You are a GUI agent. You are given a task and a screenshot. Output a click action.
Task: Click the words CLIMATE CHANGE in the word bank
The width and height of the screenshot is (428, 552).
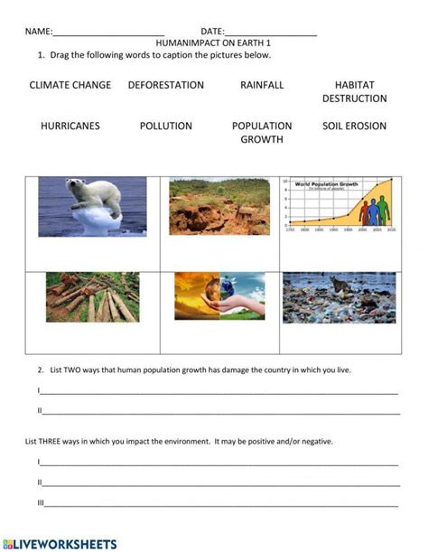click(70, 85)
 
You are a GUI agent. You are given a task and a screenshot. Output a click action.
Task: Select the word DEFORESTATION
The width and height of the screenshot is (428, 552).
click(166, 85)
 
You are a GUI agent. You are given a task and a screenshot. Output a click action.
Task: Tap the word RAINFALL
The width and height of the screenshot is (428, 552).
click(262, 85)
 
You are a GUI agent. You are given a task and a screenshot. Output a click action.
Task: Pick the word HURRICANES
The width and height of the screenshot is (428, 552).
click(70, 126)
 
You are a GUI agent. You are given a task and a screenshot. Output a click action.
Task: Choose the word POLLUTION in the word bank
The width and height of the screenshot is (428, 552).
click(166, 126)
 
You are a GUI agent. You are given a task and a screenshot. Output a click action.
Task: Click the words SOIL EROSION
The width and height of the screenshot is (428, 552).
click(354, 126)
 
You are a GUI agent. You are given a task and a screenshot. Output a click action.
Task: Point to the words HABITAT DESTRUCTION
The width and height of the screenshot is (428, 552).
click(354, 91)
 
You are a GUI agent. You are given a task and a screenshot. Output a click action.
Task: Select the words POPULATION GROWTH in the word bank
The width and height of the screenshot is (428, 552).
click(262, 133)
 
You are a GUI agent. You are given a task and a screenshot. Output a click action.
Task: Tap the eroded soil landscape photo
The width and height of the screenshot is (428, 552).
click(219, 207)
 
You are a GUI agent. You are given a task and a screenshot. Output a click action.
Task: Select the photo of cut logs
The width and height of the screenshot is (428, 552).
click(93, 297)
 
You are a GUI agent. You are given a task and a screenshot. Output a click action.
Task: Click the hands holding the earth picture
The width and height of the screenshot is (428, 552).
click(219, 296)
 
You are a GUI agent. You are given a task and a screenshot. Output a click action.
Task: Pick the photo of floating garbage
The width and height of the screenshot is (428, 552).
click(339, 297)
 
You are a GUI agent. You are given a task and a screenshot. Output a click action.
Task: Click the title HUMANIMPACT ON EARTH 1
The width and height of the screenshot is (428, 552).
click(214, 42)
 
